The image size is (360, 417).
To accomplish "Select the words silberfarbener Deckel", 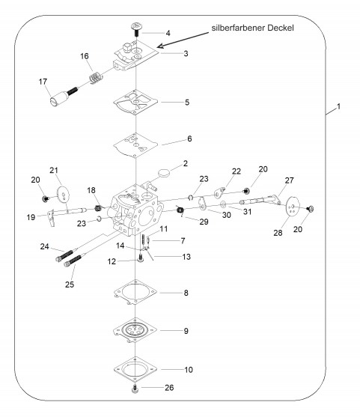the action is click(x=252, y=28).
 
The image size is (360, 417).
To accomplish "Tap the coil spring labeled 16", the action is click(x=96, y=78).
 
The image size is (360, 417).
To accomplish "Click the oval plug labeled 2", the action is click(x=163, y=173).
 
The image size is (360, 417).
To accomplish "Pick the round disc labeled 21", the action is click(x=64, y=195).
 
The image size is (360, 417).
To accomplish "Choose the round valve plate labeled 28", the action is click(x=292, y=207).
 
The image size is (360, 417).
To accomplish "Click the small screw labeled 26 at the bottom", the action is click(x=135, y=389).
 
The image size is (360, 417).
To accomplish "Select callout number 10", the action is click(x=189, y=370).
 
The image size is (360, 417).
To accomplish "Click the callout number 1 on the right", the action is click(x=338, y=106).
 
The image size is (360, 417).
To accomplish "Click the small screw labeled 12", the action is click(x=141, y=258).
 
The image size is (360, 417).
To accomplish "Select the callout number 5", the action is click(x=187, y=103).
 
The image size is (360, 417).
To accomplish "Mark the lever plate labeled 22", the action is click(x=219, y=192).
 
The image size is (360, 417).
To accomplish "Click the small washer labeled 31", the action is click(x=223, y=204).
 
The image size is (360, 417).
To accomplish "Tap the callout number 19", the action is click(x=31, y=217).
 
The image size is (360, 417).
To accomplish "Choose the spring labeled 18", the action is click(x=98, y=207).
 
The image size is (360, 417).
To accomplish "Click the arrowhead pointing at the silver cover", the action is click(x=160, y=46).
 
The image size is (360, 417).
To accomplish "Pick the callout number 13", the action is click(x=186, y=257).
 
